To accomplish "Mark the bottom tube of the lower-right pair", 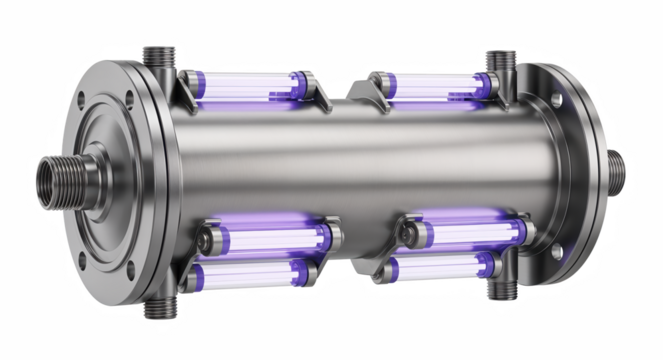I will (x=445, y=266).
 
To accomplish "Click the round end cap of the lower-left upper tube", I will (x=205, y=240).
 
